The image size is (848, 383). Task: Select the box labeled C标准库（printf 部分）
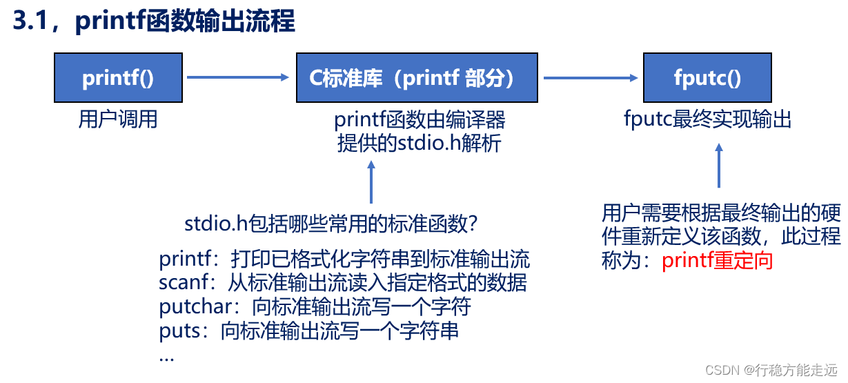click(417, 78)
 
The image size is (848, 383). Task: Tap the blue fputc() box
click(707, 78)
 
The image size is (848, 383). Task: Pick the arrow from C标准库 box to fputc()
click(590, 78)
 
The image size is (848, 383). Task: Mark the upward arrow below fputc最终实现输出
click(719, 166)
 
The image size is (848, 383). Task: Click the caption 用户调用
click(118, 119)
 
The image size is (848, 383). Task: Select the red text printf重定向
click(717, 261)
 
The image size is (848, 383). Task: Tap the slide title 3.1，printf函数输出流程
click(153, 21)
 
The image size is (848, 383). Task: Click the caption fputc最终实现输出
click(707, 120)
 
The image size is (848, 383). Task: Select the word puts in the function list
click(175, 331)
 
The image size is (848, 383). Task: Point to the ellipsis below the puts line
click(166, 357)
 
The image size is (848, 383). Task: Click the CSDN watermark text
click(775, 369)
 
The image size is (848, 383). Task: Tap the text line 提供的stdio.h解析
click(420, 144)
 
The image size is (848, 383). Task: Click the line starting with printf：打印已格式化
click(344, 259)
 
